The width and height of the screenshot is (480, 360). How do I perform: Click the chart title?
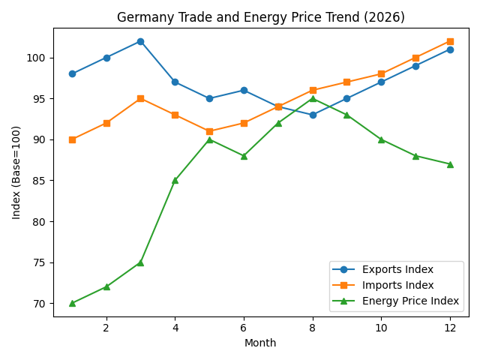coord(261,17)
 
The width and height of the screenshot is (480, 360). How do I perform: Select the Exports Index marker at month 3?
coord(140,41)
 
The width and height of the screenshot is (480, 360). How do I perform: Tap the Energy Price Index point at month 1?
coord(72,303)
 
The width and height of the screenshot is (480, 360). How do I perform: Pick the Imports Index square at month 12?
coord(450,41)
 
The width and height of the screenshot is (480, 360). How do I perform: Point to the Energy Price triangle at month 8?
coord(313,98)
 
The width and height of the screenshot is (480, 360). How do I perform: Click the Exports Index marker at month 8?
coord(313,115)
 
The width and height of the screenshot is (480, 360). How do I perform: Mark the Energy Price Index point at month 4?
coord(175,180)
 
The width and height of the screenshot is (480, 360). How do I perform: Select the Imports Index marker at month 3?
coord(140,98)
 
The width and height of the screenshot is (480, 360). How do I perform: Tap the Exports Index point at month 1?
coord(72,73)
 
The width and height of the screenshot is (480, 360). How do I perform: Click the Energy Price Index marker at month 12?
coord(450,164)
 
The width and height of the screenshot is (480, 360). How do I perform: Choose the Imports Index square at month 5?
coord(209,131)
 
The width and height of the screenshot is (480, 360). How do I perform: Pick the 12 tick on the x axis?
coord(450,328)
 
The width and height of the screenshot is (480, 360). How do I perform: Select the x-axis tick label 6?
coord(244,328)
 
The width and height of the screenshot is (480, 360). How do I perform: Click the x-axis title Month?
coord(261,343)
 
